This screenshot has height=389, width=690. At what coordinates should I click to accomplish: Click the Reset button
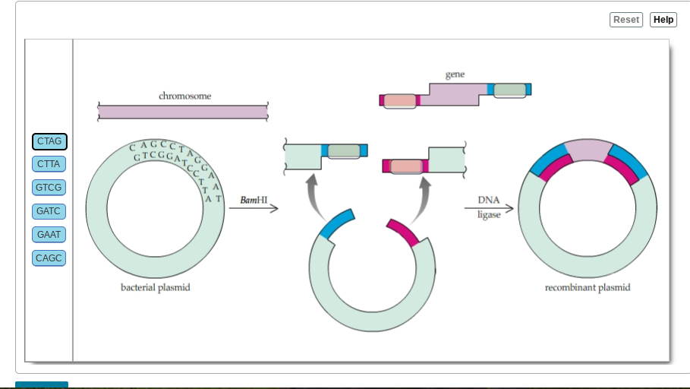(x=625, y=20)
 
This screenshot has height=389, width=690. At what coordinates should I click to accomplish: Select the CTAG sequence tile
(x=49, y=141)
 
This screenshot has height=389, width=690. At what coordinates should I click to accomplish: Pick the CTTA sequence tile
(x=49, y=164)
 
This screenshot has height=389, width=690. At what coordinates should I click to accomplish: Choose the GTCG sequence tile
(x=49, y=188)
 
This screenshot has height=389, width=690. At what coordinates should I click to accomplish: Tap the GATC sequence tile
(x=49, y=211)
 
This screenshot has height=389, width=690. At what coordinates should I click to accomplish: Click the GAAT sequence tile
(x=49, y=235)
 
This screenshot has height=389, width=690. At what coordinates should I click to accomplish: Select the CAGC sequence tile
(x=49, y=258)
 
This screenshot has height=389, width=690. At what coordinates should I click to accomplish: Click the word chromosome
(x=184, y=96)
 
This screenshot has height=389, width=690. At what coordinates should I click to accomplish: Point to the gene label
(x=455, y=74)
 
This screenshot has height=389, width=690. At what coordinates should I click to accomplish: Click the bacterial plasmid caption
(x=156, y=288)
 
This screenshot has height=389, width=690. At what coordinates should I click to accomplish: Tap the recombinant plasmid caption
(x=588, y=288)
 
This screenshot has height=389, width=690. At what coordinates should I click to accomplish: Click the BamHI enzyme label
(x=254, y=200)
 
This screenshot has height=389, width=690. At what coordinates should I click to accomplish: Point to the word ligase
(x=489, y=215)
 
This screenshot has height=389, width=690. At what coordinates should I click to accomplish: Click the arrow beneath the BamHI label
(x=254, y=208)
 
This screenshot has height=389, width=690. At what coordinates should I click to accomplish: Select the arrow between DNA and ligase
(x=489, y=208)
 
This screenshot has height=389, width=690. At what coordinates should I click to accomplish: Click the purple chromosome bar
(x=183, y=112)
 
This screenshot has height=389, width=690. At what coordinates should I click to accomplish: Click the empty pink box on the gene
(x=399, y=101)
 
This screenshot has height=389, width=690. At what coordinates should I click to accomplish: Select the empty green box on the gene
(x=509, y=90)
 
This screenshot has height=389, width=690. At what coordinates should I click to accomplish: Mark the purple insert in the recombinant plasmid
(x=588, y=150)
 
